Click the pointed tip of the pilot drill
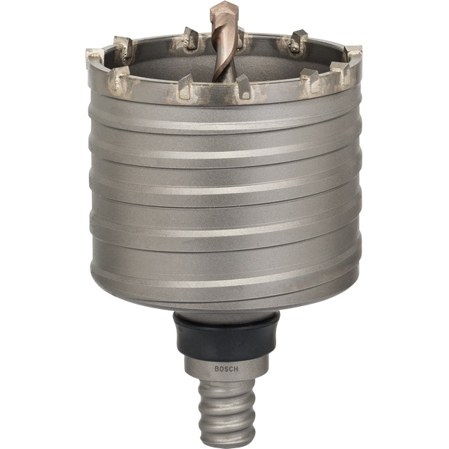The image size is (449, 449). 222,6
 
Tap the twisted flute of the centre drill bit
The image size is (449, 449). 224,45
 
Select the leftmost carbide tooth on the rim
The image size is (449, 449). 95,56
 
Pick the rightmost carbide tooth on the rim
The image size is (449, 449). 353,54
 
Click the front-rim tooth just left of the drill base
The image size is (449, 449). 184,88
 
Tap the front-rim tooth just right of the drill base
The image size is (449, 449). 244,86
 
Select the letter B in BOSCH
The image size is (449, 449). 213,368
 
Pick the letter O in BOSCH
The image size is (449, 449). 218,368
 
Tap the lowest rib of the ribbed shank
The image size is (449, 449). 224,438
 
